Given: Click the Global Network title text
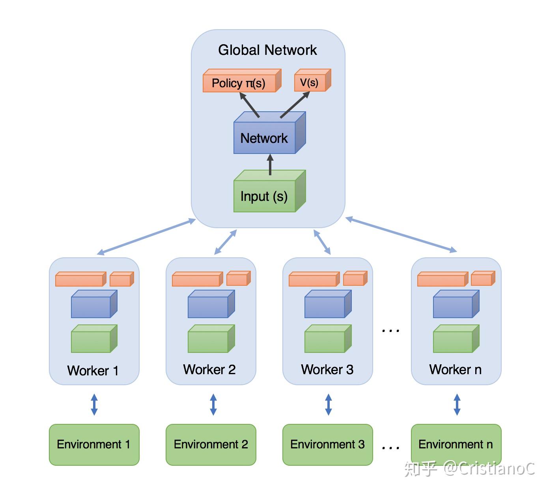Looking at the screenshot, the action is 267,50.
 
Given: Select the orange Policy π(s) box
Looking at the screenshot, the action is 242,81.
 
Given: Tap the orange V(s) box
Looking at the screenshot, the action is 312,80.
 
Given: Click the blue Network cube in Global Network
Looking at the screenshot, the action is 270,133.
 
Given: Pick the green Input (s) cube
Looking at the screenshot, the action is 270,191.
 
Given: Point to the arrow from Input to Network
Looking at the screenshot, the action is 270,165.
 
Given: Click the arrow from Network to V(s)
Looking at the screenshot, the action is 295,105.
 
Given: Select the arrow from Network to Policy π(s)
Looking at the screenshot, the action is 249,105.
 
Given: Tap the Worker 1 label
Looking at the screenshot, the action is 93,371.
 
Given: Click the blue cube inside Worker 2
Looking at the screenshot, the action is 211,304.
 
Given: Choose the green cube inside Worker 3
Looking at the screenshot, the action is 328,339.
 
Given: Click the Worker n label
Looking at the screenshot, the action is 455,369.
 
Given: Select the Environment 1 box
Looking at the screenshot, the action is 94,445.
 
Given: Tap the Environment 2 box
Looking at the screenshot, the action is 211,445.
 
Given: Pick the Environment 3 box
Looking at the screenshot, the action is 328,445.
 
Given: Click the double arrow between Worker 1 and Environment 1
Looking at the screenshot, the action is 94,405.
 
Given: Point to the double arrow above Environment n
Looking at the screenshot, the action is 457,405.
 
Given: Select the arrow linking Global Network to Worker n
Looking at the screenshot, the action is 401,234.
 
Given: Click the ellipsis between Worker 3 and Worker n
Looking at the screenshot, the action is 390,331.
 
